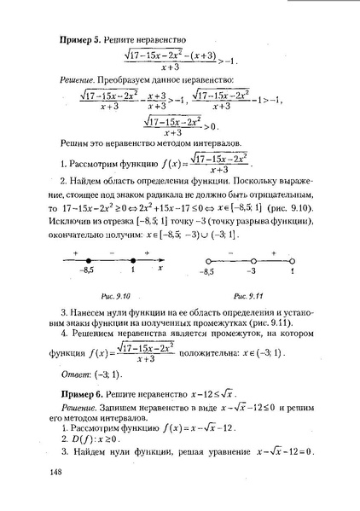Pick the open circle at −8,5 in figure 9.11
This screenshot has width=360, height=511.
click(206, 259)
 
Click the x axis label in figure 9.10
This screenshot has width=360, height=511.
click(161, 266)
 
